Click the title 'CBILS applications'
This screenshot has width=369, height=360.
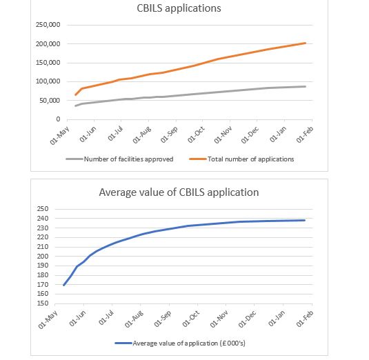click(x=179, y=8)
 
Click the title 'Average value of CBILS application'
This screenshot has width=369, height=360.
click(x=179, y=192)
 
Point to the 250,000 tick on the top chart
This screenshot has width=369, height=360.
click(x=48, y=25)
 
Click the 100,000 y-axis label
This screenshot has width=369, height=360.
click(x=48, y=81)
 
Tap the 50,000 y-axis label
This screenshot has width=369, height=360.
click(x=50, y=101)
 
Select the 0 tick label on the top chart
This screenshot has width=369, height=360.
click(x=58, y=119)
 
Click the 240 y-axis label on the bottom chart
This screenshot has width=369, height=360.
click(x=43, y=219)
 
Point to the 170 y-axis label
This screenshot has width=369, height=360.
click(x=43, y=284)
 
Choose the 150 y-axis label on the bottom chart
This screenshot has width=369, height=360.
click(x=43, y=303)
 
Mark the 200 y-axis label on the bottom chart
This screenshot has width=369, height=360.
click(x=43, y=257)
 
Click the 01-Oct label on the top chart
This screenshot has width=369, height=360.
click(x=196, y=134)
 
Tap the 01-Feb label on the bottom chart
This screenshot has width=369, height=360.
click(x=305, y=319)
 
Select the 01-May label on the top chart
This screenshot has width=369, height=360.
click(x=59, y=135)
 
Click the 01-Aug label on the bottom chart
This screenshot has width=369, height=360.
click(x=134, y=319)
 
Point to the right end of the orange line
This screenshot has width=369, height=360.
click(x=306, y=43)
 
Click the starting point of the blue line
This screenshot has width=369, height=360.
click(x=63, y=286)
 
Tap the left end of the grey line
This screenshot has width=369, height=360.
click(x=76, y=106)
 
